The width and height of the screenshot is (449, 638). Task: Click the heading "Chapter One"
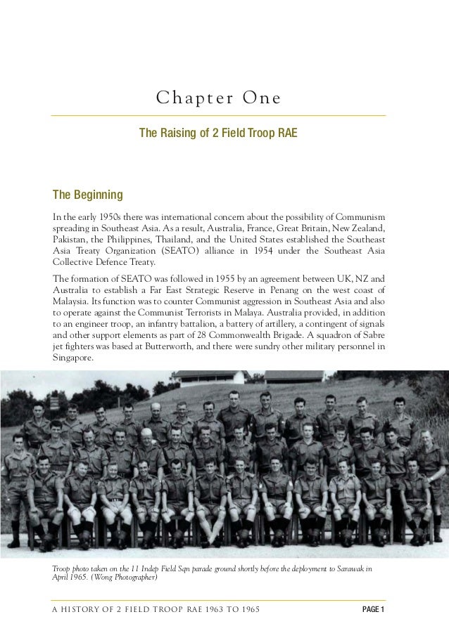click(218, 98)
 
